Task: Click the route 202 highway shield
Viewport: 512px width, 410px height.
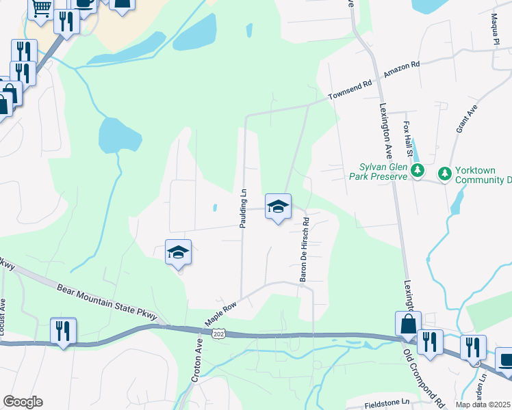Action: tap(218, 333)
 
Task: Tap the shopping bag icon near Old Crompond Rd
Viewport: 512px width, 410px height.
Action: tap(408, 323)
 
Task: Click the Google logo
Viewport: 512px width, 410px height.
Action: tap(23, 402)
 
